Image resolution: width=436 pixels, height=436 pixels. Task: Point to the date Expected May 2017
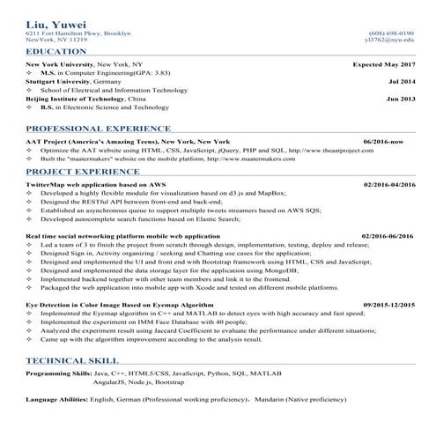(383, 65)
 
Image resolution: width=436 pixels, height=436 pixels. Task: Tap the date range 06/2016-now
(383, 142)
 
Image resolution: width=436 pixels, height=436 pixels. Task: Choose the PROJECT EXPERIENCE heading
(79, 171)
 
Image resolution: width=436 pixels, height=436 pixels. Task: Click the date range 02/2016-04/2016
(388, 184)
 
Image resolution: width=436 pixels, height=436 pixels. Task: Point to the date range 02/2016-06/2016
(388, 237)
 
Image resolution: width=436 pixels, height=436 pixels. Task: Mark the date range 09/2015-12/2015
(388, 304)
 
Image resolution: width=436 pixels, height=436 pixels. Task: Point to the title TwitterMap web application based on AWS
(96, 184)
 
